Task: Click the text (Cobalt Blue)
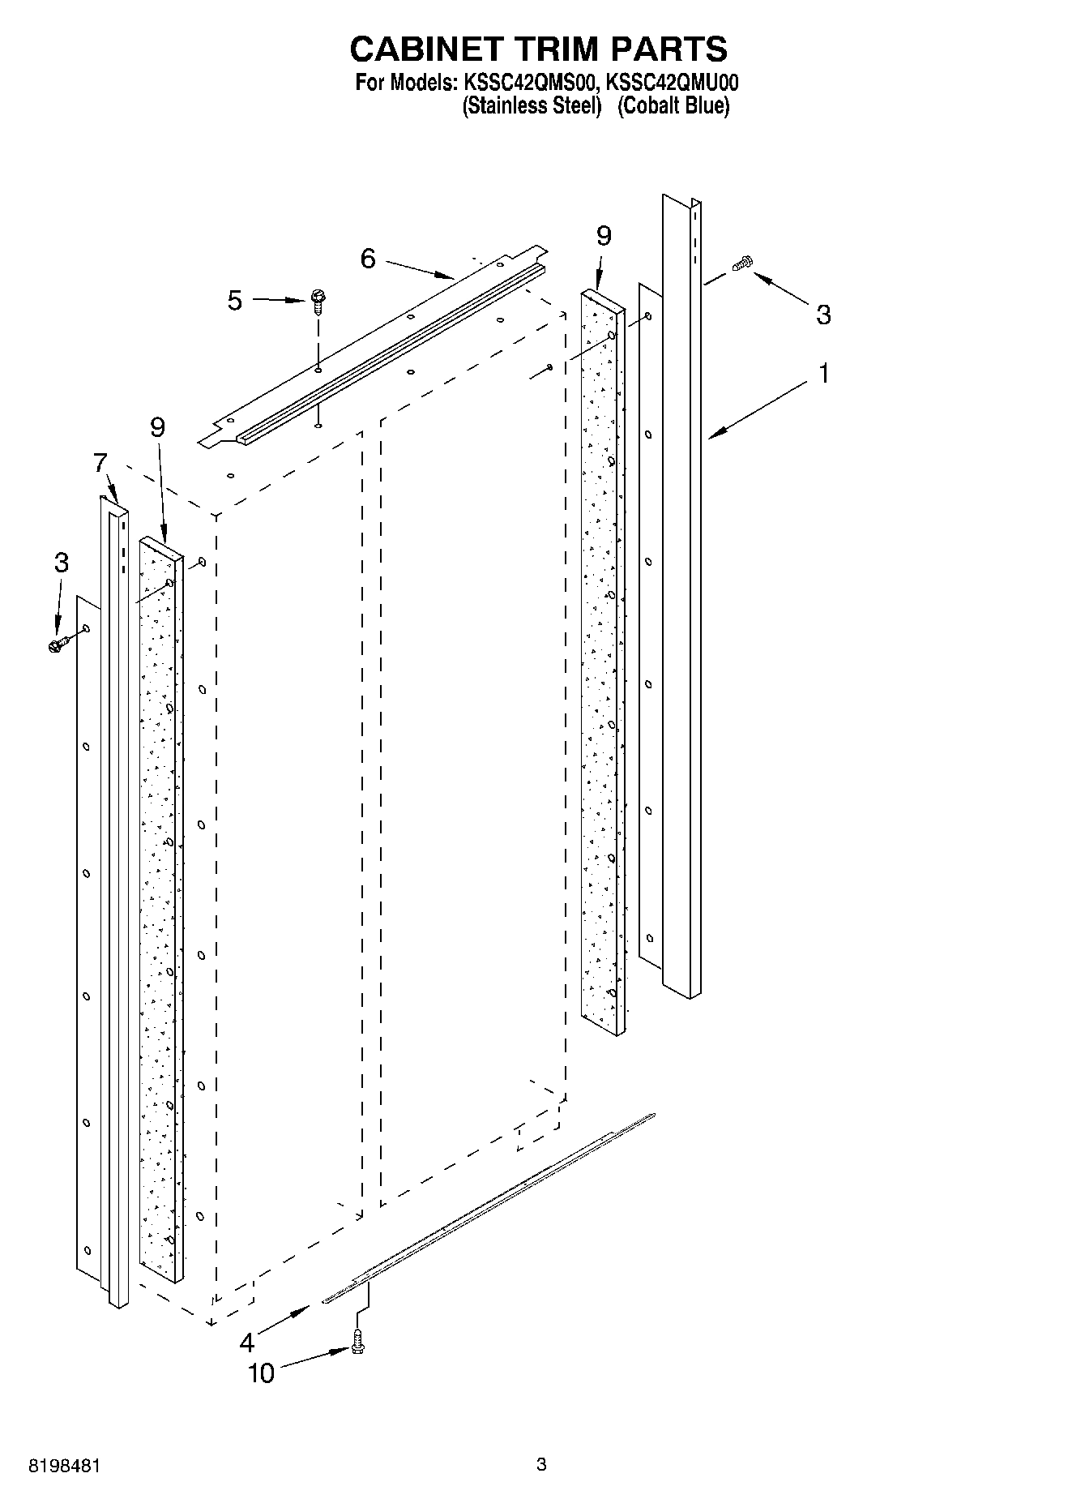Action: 673,106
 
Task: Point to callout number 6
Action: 368,259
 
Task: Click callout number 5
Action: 234,301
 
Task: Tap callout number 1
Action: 824,375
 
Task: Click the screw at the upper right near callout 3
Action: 742,263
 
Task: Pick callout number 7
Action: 100,464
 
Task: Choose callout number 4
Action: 247,1343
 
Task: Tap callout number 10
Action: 261,1373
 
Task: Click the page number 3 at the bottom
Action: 541,1464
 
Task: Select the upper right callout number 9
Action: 604,236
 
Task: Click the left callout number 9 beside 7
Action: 157,427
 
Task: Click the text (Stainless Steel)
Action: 531,106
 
